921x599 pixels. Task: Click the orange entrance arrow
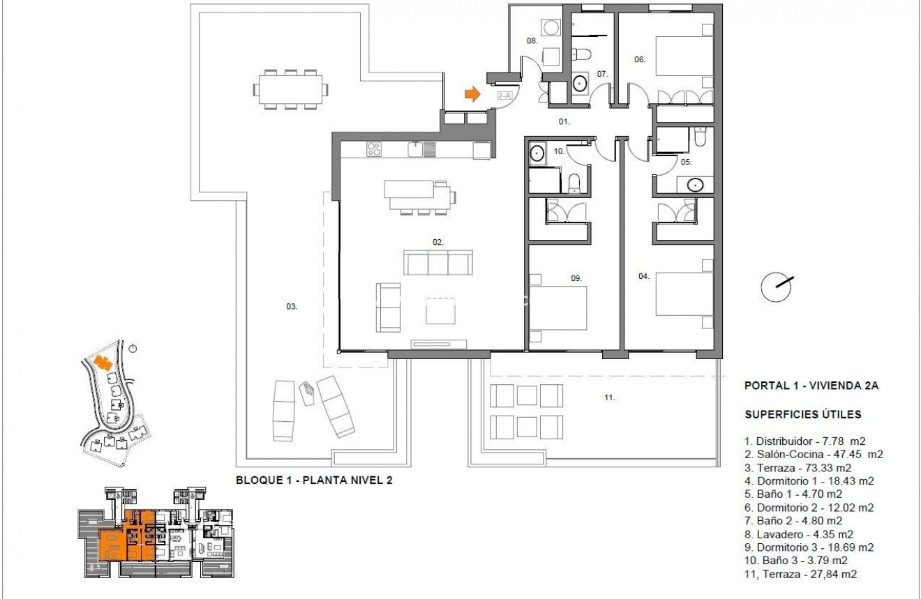[473, 94]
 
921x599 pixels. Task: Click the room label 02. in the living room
[438, 242]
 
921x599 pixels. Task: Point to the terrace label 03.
[292, 306]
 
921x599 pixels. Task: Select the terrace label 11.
[609, 397]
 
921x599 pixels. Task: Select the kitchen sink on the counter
[417, 148]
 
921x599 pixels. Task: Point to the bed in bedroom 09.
[558, 308]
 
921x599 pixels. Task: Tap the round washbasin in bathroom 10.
[537, 153]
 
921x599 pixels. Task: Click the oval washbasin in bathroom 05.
[693, 185]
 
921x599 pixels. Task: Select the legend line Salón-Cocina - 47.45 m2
[814, 454]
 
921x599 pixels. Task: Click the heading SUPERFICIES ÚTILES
[802, 415]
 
